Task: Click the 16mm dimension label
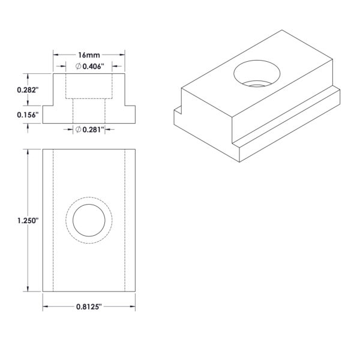tap(89, 55)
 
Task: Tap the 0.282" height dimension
tap(27, 90)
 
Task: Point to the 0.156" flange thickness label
tap(27, 115)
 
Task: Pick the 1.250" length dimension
tap(28, 221)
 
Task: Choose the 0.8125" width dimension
tap(89, 307)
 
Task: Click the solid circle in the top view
tap(89, 205)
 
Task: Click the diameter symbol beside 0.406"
tap(78, 67)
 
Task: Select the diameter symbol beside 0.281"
tap(78, 130)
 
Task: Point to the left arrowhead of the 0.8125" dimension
tap(46, 307)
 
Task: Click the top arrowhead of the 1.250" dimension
tap(28, 152)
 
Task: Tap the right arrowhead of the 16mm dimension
tap(122, 55)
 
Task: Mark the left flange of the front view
tap(48, 115)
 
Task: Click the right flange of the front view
tap(130, 115)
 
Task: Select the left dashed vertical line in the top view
tap(53, 220)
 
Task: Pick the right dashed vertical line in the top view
tap(125, 220)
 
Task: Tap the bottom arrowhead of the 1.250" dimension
tap(28, 289)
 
